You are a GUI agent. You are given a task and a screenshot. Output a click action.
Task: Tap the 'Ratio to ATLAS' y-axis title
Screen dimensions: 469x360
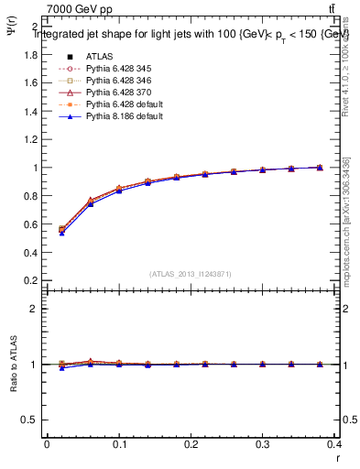(12, 365)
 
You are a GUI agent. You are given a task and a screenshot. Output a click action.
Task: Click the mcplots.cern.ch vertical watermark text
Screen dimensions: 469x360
(350, 220)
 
